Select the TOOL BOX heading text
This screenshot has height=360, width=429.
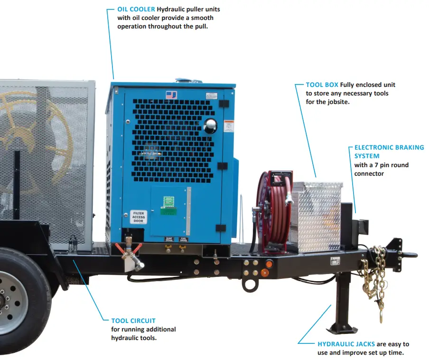pos(322,85)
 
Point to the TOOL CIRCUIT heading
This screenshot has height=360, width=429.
pos(133,321)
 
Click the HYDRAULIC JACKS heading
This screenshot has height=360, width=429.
pos(346,344)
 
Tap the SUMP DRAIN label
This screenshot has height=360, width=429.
pos(168,239)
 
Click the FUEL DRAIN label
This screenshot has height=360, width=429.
pos(183,239)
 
